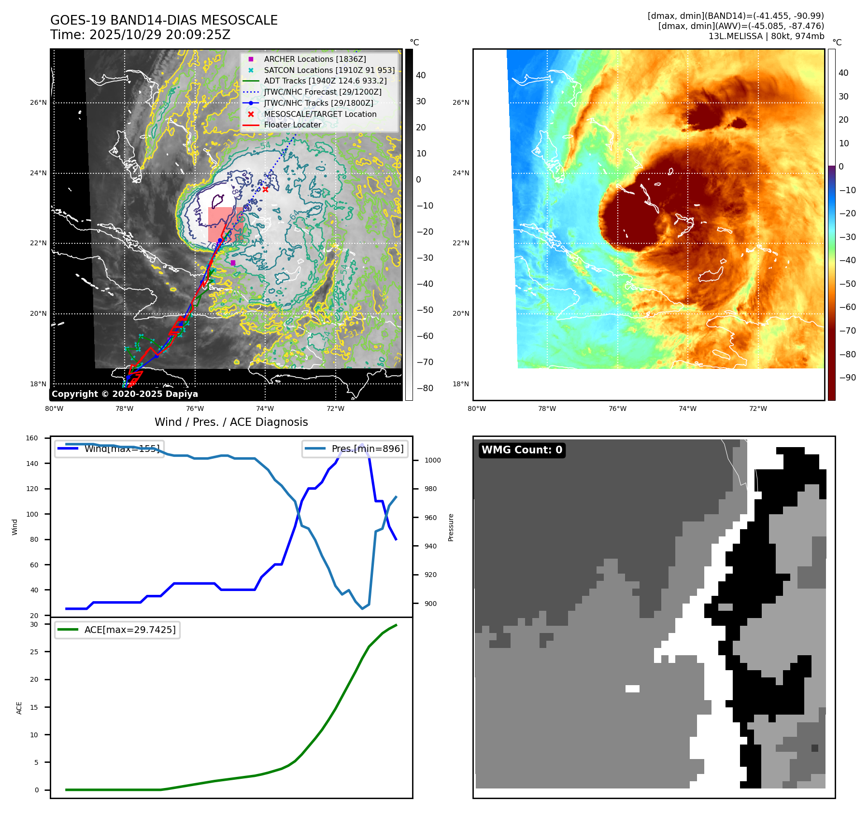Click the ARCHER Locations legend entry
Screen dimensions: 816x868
[314, 59]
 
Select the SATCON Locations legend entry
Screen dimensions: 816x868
[329, 70]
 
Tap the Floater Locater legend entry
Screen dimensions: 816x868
[292, 125]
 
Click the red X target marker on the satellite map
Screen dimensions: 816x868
[265, 189]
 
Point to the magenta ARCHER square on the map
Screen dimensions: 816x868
[233, 263]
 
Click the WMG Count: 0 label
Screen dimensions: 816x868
[522, 450]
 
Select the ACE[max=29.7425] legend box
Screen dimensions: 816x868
[117, 630]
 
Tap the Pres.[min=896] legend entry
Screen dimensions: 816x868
[355, 449]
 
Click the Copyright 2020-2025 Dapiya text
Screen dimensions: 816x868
[125, 394]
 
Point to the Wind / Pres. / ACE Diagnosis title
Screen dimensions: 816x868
[231, 422]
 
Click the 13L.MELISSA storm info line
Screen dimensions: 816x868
[766, 36]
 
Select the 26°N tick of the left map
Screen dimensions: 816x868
[39, 102]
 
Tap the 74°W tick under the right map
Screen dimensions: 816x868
[687, 408]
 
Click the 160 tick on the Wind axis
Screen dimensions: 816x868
[32, 438]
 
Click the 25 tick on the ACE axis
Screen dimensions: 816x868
[34, 652]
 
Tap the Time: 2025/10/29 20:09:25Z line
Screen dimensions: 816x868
[140, 35]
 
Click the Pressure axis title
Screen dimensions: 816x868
[451, 527]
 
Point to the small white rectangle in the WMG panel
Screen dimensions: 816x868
[632, 689]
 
